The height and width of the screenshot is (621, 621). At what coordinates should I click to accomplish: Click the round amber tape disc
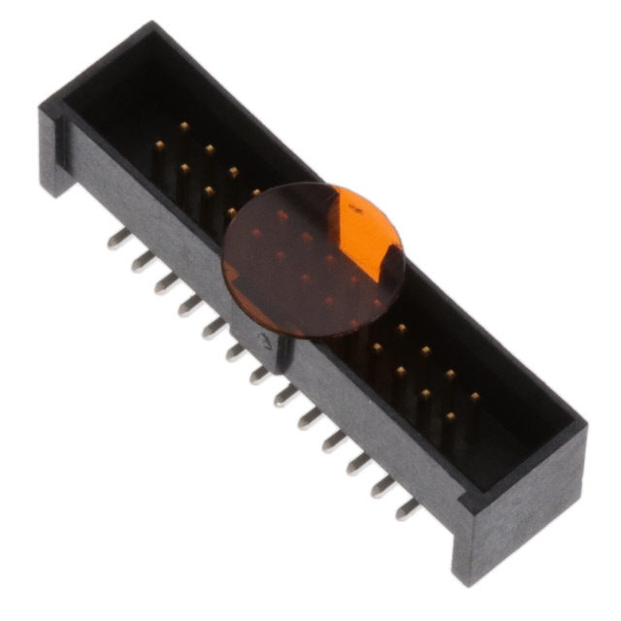312,260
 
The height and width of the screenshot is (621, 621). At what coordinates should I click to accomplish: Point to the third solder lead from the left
166,282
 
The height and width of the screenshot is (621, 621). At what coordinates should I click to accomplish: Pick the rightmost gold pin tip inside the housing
474,396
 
